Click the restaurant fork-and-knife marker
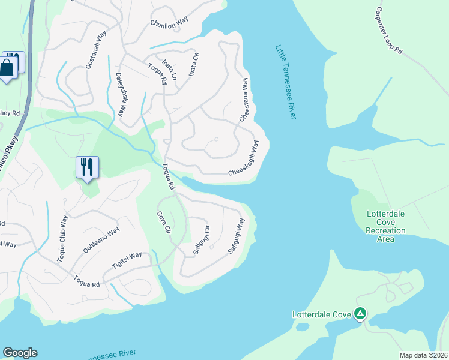pos(87,167)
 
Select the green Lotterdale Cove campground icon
pos(360,313)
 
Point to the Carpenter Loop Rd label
pos(388,31)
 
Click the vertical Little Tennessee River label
pos(286,82)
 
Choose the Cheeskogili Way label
pos(245,159)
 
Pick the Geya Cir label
pos(164,223)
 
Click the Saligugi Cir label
pos(202,239)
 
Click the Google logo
pos(20,353)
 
